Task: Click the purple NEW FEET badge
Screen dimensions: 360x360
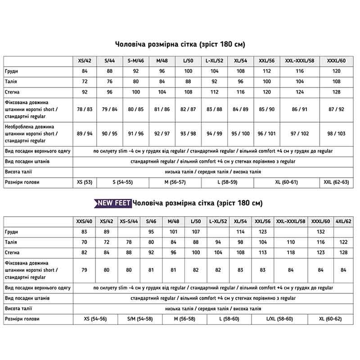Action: (112, 204)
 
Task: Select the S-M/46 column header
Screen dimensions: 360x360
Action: (135, 61)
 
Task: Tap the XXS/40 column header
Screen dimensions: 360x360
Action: (84, 221)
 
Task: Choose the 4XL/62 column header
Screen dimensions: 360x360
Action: (344, 221)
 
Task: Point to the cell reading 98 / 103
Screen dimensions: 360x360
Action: (337, 134)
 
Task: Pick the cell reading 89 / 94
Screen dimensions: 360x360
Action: (85, 134)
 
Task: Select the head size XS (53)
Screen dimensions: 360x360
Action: (85, 182)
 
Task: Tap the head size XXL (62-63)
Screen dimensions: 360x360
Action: (337, 182)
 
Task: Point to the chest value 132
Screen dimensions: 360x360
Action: (321, 232)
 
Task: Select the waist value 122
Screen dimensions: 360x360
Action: (344, 242)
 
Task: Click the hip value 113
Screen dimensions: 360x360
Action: (262, 252)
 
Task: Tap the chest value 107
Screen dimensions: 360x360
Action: (196, 232)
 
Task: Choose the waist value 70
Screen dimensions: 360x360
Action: (84, 242)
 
